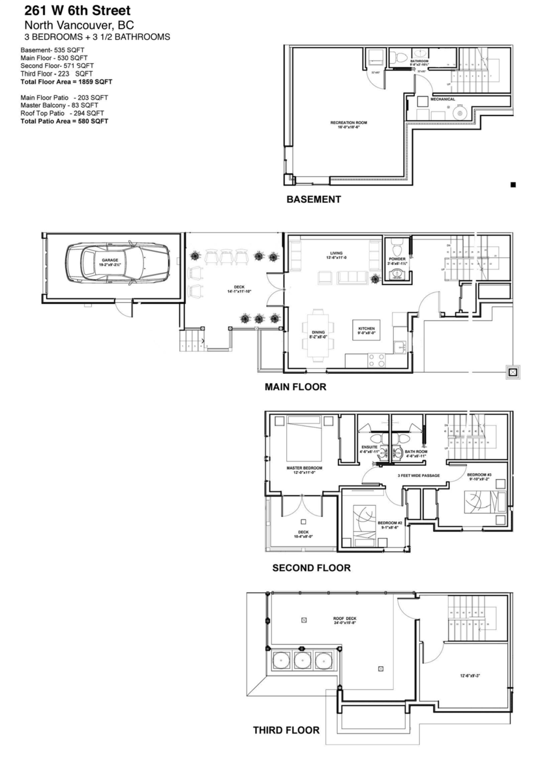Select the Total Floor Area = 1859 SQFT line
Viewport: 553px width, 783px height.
click(66, 82)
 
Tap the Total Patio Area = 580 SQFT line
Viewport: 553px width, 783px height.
click(64, 121)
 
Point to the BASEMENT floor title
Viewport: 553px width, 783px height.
click(313, 200)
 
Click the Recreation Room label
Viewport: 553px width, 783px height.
click(345, 125)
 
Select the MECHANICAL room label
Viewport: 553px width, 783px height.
click(442, 99)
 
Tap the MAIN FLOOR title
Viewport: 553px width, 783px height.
click(295, 387)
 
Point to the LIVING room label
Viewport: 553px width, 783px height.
click(336, 254)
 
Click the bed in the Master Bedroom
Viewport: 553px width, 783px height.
click(305, 438)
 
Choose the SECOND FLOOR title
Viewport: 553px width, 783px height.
click(311, 568)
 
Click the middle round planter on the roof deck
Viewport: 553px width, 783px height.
click(302, 660)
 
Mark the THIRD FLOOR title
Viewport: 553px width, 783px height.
click(286, 730)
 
